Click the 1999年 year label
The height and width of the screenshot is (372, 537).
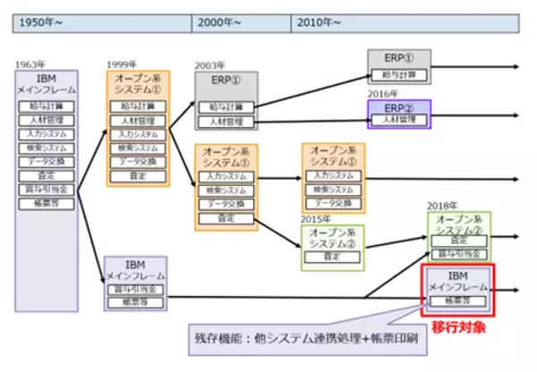click(x=122, y=64)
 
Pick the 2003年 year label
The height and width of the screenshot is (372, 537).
click(x=211, y=65)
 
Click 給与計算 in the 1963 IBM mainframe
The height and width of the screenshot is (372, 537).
click(x=47, y=107)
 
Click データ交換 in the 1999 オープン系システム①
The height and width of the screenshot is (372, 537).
click(x=138, y=162)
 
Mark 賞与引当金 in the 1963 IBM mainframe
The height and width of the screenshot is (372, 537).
click(x=47, y=189)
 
